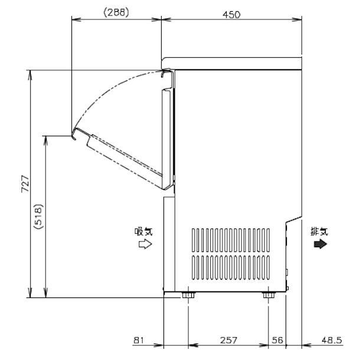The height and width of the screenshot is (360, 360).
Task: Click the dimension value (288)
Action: [116, 12]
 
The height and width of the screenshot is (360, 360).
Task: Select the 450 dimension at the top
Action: [232, 14]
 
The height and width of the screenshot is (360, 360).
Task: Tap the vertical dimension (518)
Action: [37, 217]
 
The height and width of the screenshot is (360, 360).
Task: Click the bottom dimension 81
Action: [139, 340]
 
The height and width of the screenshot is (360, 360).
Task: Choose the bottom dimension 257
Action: [228, 340]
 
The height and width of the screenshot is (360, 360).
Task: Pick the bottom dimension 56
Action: [277, 340]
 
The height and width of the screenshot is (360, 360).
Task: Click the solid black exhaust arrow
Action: [320, 244]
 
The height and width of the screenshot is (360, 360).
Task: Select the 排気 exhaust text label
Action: [320, 231]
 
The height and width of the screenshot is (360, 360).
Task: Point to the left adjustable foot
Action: [188, 294]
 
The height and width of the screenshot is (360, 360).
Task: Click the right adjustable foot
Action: [269, 294]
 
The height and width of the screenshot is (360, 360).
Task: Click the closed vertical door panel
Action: [167, 136]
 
